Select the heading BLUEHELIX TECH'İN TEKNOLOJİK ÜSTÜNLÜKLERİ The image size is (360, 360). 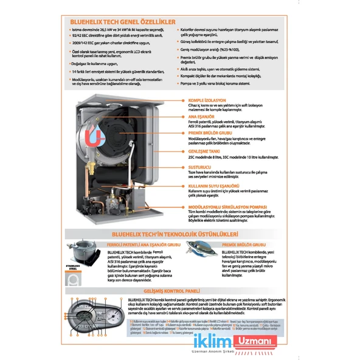180,233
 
